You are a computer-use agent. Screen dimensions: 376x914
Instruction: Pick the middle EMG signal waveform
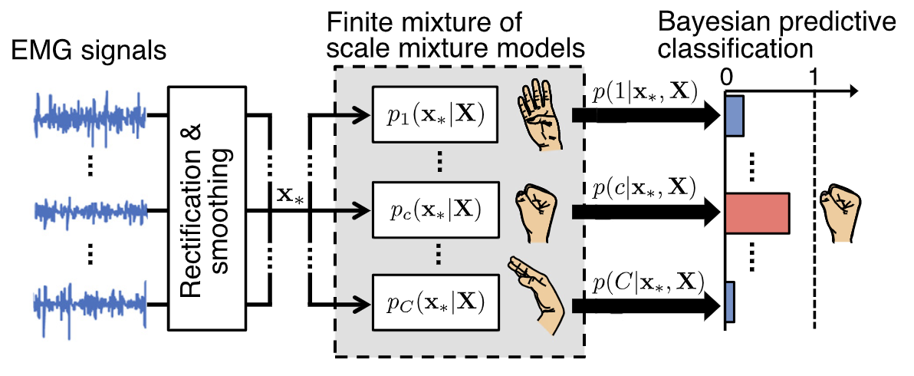pos(90,208)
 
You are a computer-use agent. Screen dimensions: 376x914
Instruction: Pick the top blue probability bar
pos(735,116)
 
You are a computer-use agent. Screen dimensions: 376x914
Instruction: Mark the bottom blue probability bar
pos(730,302)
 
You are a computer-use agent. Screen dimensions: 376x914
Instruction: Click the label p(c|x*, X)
pos(645,186)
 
